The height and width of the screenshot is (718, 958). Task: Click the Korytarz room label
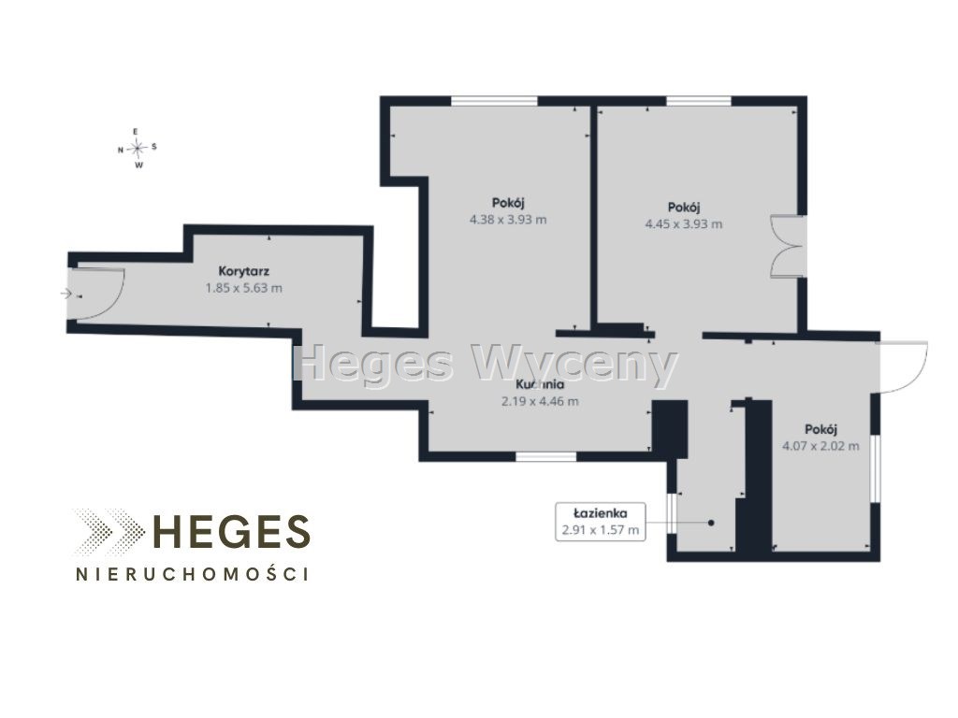[244, 271]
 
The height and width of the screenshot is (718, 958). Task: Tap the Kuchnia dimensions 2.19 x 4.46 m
[540, 401]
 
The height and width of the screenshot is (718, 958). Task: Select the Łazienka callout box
[600, 522]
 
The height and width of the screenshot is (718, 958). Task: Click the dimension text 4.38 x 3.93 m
[508, 219]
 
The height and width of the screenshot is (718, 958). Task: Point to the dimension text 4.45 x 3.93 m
[684, 224]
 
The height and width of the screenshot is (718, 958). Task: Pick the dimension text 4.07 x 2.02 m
[820, 446]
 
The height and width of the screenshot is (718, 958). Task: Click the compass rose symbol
[138, 147]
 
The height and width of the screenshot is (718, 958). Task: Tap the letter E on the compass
[137, 131]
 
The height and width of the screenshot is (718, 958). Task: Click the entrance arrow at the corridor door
[66, 294]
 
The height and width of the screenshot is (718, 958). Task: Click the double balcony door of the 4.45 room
[788, 246]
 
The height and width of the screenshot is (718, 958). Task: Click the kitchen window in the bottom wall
[545, 456]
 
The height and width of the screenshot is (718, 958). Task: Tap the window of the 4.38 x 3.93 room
[494, 101]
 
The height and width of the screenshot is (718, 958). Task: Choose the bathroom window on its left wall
[672, 513]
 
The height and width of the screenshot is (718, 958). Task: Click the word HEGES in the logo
[231, 531]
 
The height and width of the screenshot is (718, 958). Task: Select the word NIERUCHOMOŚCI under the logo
[192, 574]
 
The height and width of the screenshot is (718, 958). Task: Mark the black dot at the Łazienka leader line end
[711, 523]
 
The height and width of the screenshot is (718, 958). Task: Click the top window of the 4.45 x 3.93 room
[698, 101]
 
